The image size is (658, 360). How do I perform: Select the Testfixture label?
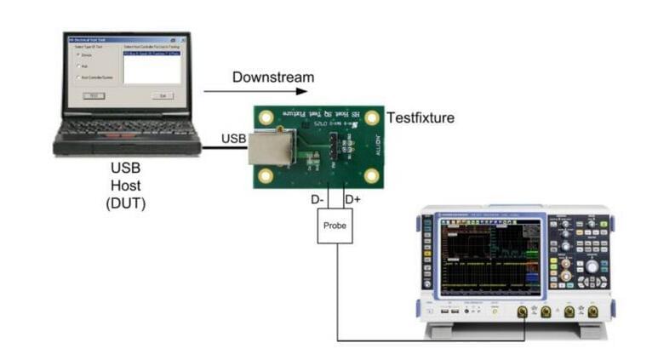point(421,118)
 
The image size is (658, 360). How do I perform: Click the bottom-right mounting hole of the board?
point(372,177)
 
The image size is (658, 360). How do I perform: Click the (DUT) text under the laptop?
point(127,202)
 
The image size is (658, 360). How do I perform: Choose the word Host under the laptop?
point(127,185)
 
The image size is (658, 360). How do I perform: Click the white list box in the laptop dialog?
point(152,66)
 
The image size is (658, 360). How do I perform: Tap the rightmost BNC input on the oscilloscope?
point(592,311)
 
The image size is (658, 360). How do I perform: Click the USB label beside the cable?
point(234,138)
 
